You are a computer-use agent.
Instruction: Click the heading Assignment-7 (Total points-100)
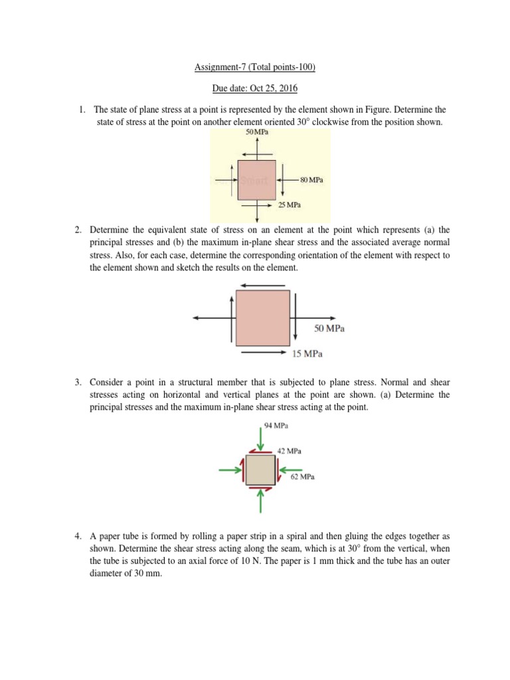(255, 67)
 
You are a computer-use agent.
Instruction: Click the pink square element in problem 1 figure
(256, 179)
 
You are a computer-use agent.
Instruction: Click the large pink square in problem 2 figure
(263, 317)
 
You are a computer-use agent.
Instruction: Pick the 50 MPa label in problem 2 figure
(329, 328)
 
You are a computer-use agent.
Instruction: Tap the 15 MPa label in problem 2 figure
(307, 354)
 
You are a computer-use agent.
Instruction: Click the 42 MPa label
(289, 451)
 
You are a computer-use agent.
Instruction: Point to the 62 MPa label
(301, 477)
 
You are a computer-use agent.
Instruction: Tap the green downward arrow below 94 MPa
(260, 440)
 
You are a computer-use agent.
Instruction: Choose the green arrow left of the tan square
(230, 470)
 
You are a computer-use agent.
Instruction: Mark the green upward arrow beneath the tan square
(260, 503)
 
